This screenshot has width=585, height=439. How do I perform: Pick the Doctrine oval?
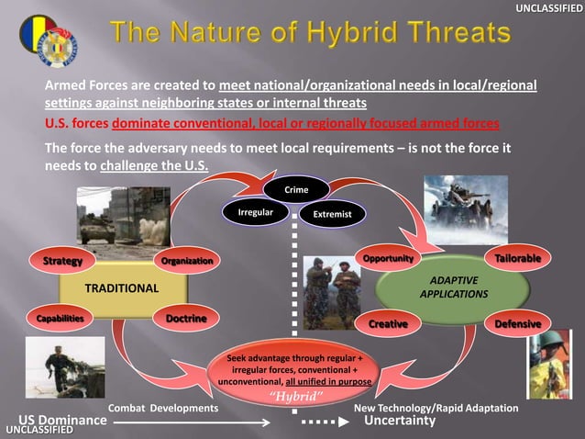[186, 318]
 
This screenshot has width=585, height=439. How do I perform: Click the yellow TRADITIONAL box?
[122, 288]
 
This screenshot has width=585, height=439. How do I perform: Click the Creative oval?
[388, 324]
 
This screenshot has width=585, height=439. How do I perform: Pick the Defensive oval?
[518, 324]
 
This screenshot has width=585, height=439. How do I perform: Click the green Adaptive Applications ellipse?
[452, 287]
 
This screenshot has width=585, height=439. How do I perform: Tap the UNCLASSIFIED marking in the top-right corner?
[547, 8]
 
